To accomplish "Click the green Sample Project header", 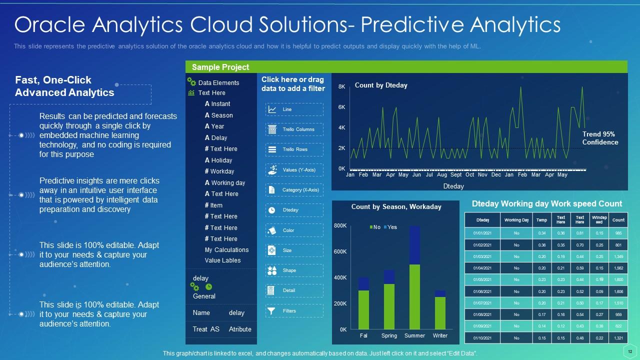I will pos(406,67).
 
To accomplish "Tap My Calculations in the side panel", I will pos(226,250).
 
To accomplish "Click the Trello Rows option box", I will pos(294,149).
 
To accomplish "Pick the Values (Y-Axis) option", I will pos(294,170).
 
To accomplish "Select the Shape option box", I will pos(294,270).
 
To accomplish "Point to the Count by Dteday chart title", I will pos(381,85).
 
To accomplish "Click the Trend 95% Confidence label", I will pos(599,138).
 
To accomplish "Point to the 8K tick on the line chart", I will pos(342,87).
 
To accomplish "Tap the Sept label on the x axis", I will pos(456,175).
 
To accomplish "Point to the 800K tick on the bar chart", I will pos(340,226).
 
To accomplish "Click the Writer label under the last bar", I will pos(440,335).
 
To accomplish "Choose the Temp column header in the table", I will pos(541,220).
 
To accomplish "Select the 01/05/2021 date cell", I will pos(482,280).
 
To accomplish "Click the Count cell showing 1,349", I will pos(618,256).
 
